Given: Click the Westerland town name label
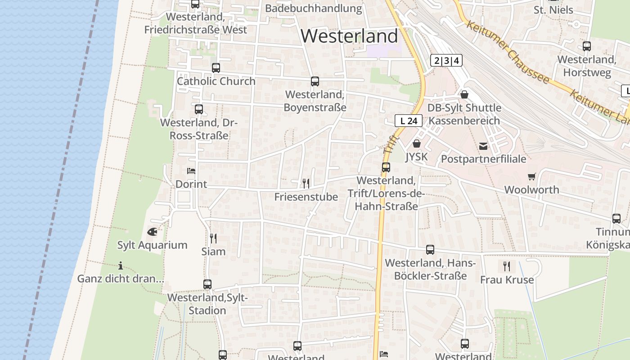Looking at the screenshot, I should tap(349, 36).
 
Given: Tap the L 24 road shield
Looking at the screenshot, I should tap(409, 121).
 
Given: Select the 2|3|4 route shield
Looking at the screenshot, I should tap(446, 60).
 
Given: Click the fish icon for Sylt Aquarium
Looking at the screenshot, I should tap(152, 232).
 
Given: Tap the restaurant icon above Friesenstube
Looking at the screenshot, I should tap(306, 183).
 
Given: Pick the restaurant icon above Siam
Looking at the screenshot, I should tap(213, 238).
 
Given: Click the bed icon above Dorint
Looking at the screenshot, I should tap(191, 171).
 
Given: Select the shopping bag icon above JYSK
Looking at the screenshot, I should tap(416, 144).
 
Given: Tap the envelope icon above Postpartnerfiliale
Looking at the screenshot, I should tap(483, 146).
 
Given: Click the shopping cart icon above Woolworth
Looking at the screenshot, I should tap(532, 176).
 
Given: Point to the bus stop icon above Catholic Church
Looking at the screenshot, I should tap(216, 68).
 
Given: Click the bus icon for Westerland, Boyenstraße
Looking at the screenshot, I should tap(315, 81).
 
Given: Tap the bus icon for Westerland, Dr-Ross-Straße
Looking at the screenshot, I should tap(199, 109).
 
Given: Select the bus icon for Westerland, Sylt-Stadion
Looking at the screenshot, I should tap(207, 284).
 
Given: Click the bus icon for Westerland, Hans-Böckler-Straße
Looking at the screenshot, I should tap(430, 250).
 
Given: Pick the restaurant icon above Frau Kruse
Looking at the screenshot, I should tap(507, 266).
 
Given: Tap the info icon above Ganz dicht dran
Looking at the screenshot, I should tap(120, 265).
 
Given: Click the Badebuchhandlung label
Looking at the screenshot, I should tap(313, 8).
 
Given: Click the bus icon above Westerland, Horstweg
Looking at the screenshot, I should tap(587, 46).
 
